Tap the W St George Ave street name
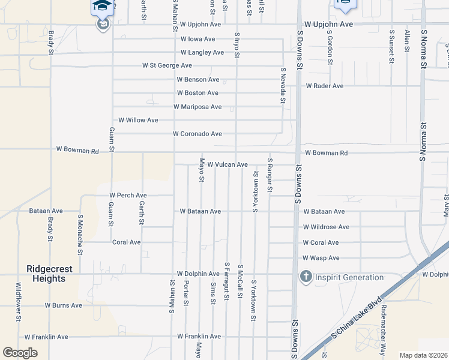click(x=167, y=65)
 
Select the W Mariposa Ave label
click(x=197, y=107)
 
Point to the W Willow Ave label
click(x=138, y=120)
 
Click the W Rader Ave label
click(x=324, y=86)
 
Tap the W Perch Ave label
click(x=128, y=196)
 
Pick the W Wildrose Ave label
click(x=326, y=227)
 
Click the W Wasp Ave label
click(x=321, y=258)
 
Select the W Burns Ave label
click(x=63, y=305)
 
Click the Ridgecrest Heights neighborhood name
click(x=46, y=274)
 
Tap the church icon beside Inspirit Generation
click(x=306, y=277)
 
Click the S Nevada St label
click(x=282, y=85)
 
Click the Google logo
click(x=20, y=353)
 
